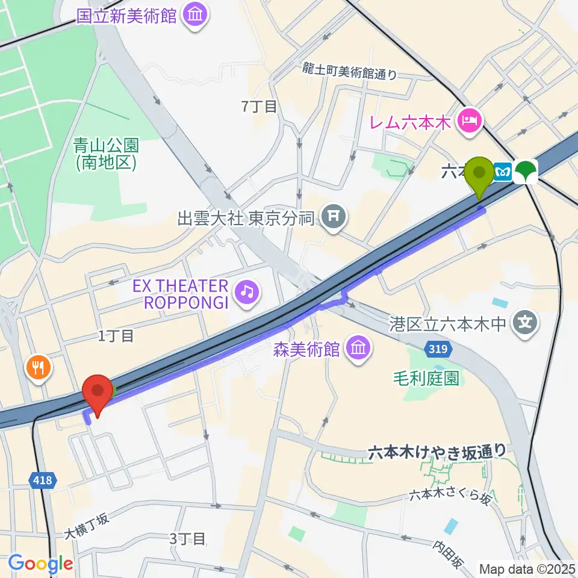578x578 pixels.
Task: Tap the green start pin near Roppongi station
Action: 479,175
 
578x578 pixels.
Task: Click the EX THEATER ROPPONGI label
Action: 185,293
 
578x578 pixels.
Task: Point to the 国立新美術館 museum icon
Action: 195,14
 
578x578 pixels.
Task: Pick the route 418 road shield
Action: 43,480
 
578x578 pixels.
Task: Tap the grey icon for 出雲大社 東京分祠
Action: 332,218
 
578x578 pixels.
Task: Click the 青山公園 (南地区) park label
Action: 106,153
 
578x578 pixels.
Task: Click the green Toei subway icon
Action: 528,171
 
